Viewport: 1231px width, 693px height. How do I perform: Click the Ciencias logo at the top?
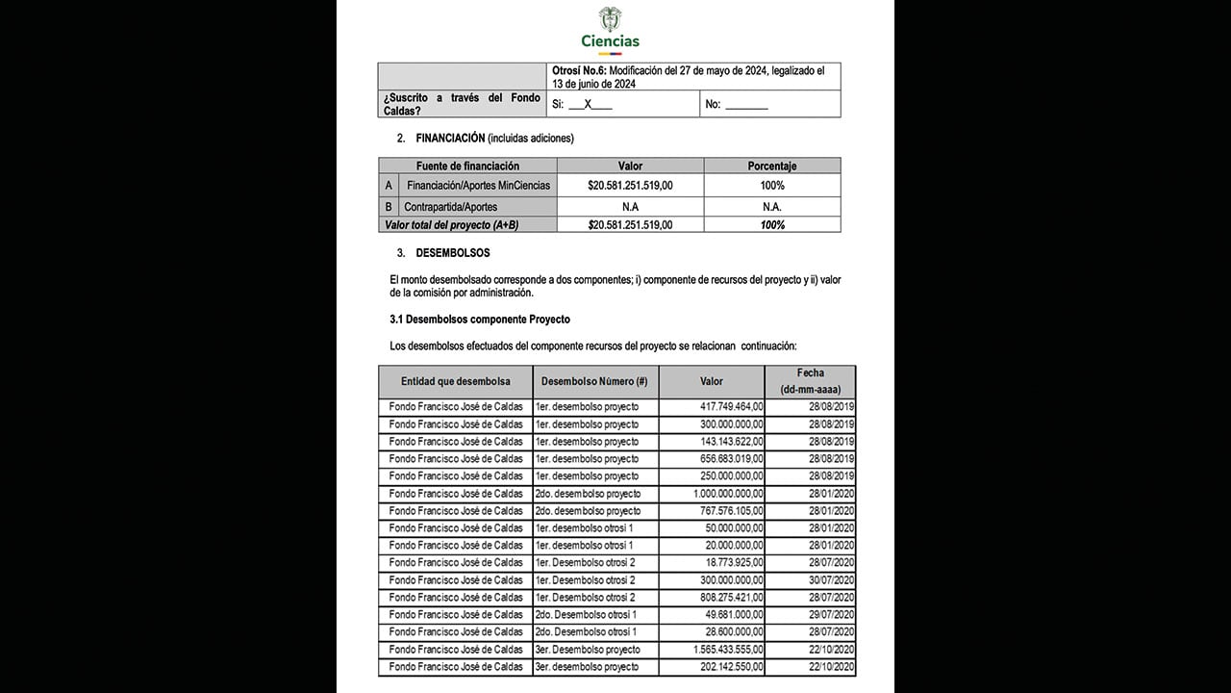point(610,29)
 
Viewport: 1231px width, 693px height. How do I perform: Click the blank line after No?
point(746,105)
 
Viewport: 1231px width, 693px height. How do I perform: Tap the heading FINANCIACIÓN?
point(450,138)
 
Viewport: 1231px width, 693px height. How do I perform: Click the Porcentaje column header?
point(771,166)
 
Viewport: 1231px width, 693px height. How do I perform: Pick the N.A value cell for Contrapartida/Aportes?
point(630,207)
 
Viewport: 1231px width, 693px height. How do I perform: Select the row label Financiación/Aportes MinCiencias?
point(478,185)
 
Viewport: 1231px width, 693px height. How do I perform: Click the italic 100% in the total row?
point(771,225)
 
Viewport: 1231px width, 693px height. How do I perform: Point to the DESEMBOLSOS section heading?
point(452,253)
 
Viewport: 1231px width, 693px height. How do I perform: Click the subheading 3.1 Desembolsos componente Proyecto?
point(480,319)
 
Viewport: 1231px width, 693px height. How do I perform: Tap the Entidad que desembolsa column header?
point(455,381)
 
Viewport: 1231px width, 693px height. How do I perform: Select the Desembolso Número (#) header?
point(594,381)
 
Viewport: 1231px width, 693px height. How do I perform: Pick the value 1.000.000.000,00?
point(719,494)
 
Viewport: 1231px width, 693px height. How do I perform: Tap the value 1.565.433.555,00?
point(719,650)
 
